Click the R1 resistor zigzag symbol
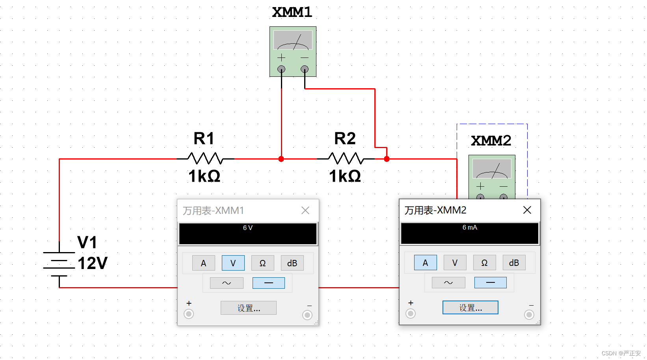coord(205,158)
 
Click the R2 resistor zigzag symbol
coord(346,158)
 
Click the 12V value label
coord(93,263)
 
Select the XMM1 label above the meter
coord(292,12)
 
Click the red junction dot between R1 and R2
coord(281,159)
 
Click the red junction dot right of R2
coord(387,159)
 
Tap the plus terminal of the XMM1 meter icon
coord(281,69)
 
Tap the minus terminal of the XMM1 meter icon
coord(305,69)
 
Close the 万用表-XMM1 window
coord(305,211)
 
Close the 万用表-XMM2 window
coord(527,210)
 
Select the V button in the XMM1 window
coord(233,263)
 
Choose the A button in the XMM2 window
coord(425,263)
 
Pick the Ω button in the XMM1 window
coord(262,263)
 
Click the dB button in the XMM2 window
coord(514,263)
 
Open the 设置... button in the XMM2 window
coord(470,308)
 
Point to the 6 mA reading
coord(470,228)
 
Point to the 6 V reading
coord(247,228)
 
